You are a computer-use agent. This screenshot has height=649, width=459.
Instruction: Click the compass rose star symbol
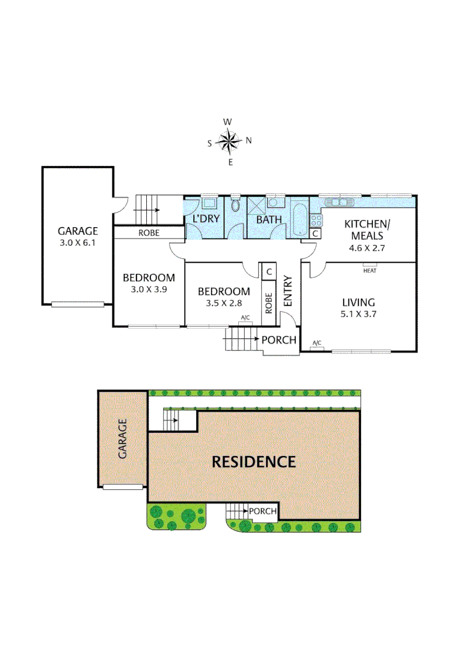coord(229,142)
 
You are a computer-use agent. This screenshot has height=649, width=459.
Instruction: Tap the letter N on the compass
coord(248,141)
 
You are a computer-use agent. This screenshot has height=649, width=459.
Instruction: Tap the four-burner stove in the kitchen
coord(316,221)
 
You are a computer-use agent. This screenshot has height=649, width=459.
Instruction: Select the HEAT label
coord(369,270)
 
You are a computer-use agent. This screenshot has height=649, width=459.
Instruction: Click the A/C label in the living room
coord(316,343)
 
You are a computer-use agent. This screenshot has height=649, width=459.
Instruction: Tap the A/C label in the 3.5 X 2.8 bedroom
coord(245,317)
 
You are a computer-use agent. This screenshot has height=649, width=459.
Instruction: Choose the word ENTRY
coord(288,291)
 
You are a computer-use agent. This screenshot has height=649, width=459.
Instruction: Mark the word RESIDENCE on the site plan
coord(253,462)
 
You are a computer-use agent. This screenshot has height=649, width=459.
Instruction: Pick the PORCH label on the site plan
coord(263,511)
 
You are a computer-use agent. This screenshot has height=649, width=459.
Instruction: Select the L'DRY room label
coord(206,219)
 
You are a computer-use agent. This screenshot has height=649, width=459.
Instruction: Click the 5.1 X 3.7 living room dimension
coord(359,314)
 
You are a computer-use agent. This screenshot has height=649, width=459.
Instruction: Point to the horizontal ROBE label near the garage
coord(149,233)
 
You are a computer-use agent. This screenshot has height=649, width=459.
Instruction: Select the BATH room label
coord(269,219)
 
